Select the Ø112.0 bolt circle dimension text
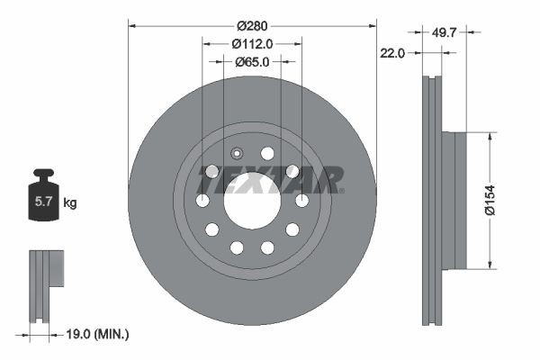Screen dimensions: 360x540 pyautogui.click(x=252, y=43)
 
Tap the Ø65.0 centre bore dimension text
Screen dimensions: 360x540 pyautogui.click(x=252, y=62)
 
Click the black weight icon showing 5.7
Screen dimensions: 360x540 pyautogui.click(x=42, y=199)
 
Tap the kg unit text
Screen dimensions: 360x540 pyautogui.click(x=70, y=203)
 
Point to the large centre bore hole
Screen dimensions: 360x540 pyautogui.click(x=252, y=200)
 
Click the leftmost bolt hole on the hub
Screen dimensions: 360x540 pyautogui.click(x=202, y=200)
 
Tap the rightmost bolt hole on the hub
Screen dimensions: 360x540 pyautogui.click(x=302, y=200)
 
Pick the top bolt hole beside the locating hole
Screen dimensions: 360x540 pyautogui.click(x=267, y=153)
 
